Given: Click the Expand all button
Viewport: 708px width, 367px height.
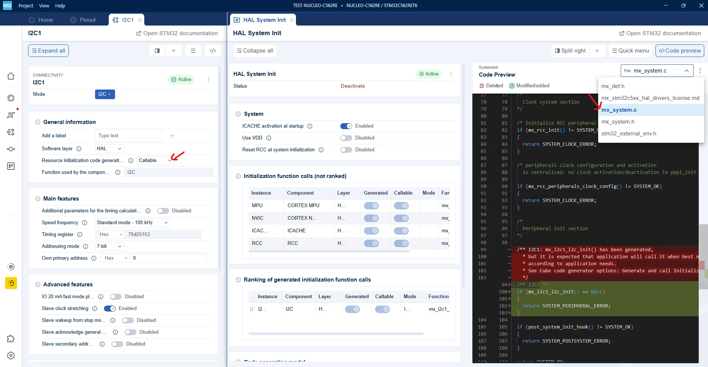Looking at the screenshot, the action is pos(48,51).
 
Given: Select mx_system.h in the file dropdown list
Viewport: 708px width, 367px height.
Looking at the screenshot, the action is pos(618,122).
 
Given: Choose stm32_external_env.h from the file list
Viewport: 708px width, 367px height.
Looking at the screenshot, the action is pos(628,134).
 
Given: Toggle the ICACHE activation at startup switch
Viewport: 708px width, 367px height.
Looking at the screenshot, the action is pos(346,126).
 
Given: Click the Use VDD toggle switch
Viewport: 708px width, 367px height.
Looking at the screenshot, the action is pos(346,138).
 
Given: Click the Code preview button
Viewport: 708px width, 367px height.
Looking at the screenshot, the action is pos(680,51).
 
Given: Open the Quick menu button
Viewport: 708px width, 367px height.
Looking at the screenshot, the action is pos(630,51).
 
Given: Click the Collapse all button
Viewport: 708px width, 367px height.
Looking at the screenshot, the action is pos(255,51).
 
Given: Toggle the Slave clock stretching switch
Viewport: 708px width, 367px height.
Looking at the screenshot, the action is pos(110,309).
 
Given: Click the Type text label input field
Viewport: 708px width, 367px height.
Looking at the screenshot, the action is pos(128,136).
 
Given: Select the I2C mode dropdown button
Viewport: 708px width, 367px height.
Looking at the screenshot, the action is pos(105,94).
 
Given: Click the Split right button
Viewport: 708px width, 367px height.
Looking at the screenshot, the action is pos(570,51).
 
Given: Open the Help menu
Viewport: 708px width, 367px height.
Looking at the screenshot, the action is pos(60,6).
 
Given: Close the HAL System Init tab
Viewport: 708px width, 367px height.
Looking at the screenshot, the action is pos(292,20).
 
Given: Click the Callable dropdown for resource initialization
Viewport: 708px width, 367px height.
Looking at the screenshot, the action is pos(155,161).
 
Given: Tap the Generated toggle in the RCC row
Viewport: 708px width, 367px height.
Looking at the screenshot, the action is pos(371,243).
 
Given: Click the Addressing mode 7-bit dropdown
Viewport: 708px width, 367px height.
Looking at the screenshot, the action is pos(109,246).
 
